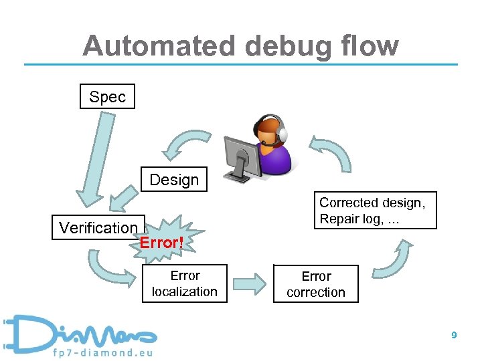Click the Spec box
[107, 96]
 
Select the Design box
[174, 179]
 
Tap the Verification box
[98, 227]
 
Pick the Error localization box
[185, 283]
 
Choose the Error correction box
[316, 284]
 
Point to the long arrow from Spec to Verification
[93, 160]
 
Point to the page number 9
[454, 336]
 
